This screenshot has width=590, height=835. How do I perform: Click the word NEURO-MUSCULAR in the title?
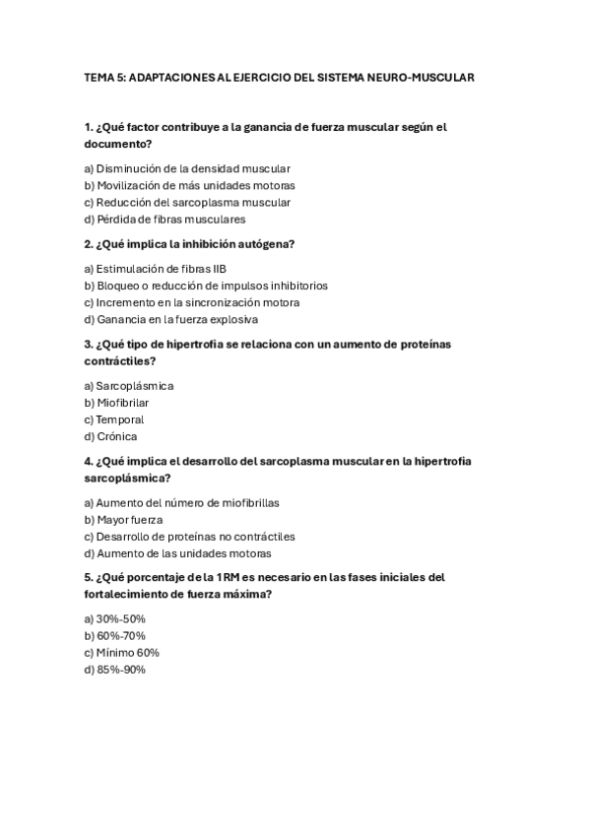click(426, 77)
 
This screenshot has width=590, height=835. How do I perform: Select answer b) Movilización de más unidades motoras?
click(189, 185)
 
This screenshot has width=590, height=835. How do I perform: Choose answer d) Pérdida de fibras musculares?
click(164, 219)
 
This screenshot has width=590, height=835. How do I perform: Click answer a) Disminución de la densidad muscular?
click(187, 168)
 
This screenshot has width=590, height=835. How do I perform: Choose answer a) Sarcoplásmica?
click(129, 386)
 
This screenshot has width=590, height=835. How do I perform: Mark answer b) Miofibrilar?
click(116, 403)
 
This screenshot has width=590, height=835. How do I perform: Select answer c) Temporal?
click(113, 419)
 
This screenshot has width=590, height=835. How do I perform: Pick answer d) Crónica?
click(110, 436)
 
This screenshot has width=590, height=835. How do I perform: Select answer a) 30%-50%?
click(115, 618)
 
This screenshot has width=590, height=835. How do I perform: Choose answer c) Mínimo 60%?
click(121, 652)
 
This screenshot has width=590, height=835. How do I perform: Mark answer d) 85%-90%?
click(115, 669)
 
